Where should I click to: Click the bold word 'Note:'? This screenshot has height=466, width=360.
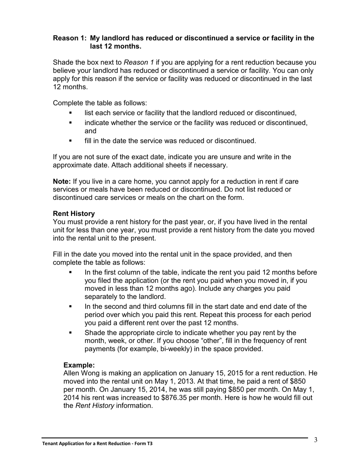[x=62, y=181]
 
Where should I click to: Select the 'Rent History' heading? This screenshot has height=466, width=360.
[x=74, y=214]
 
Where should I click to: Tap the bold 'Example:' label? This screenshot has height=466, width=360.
[x=79, y=365]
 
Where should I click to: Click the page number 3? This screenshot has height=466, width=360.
[x=315, y=440]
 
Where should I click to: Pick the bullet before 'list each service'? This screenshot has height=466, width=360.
[x=70, y=113]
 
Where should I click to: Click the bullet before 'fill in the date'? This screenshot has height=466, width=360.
[x=70, y=141]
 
